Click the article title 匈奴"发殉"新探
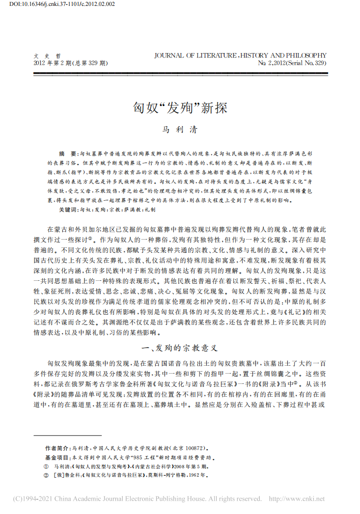[x=180, y=108]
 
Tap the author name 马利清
[x=180, y=130]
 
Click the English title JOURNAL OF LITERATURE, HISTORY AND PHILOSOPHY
[x=240, y=55]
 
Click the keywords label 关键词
[x=68, y=209]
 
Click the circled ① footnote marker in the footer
[x=46, y=466]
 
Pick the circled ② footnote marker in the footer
[x=46, y=475]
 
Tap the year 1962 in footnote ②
[x=195, y=475]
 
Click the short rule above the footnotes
[x=67, y=435]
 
